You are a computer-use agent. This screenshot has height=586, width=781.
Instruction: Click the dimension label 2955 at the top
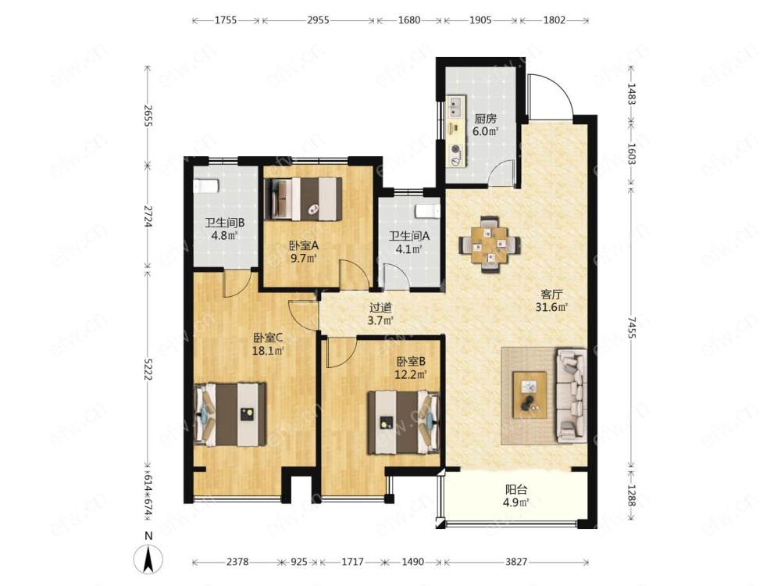318,20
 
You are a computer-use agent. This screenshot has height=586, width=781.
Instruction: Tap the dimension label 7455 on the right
632,327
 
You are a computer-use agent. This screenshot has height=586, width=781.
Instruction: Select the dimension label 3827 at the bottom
516,562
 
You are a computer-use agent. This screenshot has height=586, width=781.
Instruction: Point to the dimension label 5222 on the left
148,369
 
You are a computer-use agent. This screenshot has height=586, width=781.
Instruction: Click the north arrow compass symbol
148,558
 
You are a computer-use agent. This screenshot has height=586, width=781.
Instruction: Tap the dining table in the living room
490,244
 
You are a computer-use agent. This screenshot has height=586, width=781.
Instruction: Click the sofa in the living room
571,395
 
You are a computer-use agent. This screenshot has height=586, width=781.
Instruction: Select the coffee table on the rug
530,395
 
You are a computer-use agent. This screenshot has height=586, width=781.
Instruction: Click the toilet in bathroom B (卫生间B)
205,186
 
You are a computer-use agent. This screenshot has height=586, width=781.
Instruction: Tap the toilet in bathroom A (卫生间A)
428,211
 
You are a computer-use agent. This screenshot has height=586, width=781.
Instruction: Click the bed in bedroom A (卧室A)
303,198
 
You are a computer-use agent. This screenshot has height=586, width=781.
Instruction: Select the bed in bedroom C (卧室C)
230,414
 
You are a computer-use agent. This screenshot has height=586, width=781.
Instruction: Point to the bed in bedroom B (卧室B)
404,422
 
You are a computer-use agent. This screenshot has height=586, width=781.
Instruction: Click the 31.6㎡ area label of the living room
551,307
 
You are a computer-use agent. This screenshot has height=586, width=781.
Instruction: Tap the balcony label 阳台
516,490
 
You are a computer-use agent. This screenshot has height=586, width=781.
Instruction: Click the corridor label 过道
380,309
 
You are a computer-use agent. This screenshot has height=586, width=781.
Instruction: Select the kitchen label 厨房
485,119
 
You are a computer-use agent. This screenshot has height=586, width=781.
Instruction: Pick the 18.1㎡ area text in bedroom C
268,351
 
